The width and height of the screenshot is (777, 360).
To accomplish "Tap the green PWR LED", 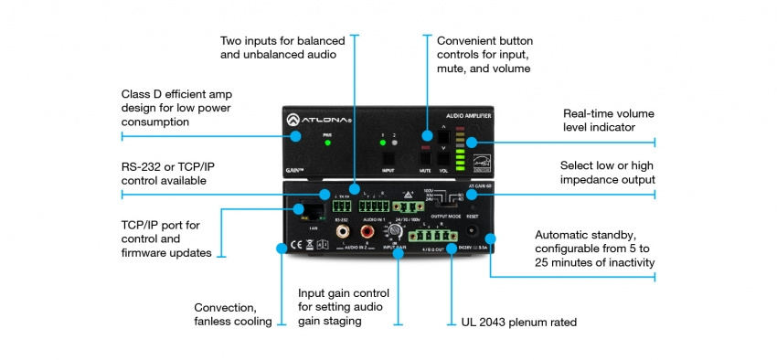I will tap(326, 143).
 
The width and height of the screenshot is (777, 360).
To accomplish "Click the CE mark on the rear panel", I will tap(295, 244).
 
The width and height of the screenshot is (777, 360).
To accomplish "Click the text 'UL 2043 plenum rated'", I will tap(511, 323).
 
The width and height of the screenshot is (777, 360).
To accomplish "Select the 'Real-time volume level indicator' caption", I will tap(610, 120).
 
